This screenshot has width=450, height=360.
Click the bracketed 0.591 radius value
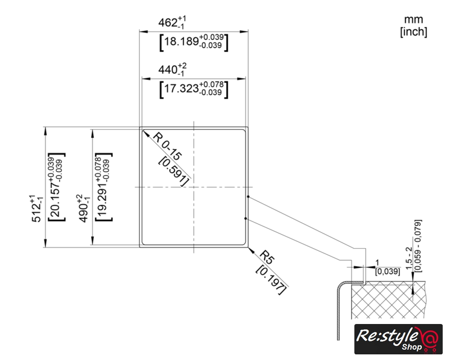(x=173, y=169)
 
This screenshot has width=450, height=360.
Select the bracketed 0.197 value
(x=271, y=278)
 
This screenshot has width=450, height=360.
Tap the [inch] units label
(x=413, y=32)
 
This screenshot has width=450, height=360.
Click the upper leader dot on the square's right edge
(x=247, y=197)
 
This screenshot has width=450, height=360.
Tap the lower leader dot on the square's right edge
(x=247, y=218)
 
